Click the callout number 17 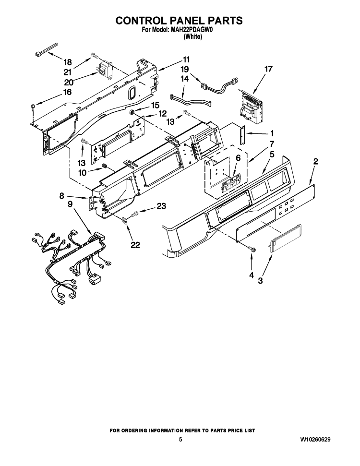(268, 69)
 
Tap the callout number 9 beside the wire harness (70, 204)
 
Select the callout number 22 (135, 245)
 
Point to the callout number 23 (161, 206)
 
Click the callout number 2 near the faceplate (315, 161)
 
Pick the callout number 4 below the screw (252, 275)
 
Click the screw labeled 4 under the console (253, 250)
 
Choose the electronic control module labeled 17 (251, 107)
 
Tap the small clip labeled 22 (125, 220)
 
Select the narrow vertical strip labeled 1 (242, 134)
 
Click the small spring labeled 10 (105, 166)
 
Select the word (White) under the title (193, 37)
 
